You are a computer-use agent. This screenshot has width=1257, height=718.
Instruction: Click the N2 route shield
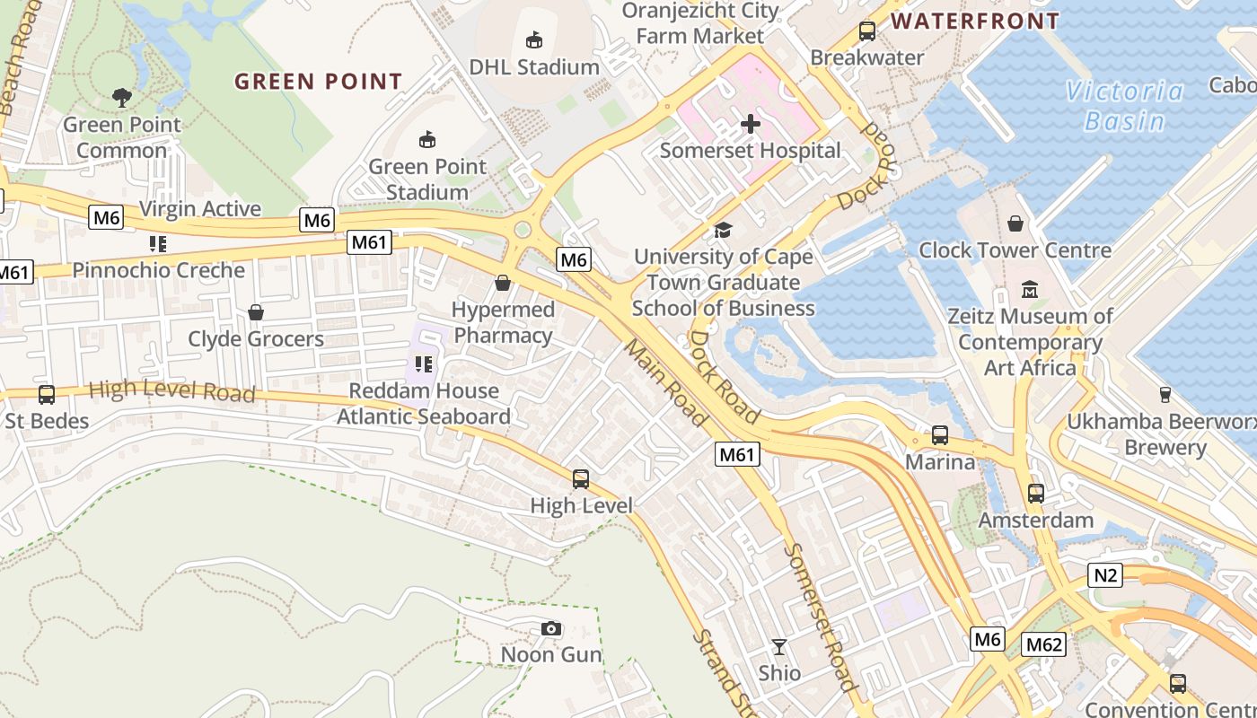(x=1105, y=574)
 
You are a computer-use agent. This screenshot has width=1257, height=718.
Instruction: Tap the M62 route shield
(x=1043, y=644)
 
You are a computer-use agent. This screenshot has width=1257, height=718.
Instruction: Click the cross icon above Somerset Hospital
(x=751, y=123)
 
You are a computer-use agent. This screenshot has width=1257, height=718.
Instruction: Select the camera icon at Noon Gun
(x=551, y=628)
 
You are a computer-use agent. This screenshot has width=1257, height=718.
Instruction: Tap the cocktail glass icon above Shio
(x=779, y=646)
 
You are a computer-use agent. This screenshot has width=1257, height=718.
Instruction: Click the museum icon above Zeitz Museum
(x=1030, y=290)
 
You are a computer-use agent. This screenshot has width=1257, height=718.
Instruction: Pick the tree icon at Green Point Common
(x=121, y=97)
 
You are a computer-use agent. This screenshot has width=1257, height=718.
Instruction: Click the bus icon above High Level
(x=581, y=478)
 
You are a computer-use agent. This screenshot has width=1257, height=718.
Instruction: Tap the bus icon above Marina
(x=940, y=435)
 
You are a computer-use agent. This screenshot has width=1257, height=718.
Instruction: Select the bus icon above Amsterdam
(x=1036, y=493)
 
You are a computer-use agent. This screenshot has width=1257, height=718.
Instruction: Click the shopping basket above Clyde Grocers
(x=256, y=312)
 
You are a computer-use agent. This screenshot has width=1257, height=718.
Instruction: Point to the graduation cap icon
(x=723, y=231)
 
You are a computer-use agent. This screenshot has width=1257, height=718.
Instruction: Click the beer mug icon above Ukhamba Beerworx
(x=1165, y=394)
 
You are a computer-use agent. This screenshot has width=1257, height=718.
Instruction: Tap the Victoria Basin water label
(x=1124, y=106)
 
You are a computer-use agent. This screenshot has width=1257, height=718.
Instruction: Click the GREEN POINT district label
(x=319, y=82)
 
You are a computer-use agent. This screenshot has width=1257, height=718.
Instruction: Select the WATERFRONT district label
(x=975, y=21)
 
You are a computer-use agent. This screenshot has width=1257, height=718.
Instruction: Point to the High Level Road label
(x=172, y=391)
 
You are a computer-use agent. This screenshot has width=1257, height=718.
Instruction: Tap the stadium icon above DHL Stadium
(x=534, y=40)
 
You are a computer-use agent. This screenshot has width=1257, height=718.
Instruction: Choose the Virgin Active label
(x=200, y=209)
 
